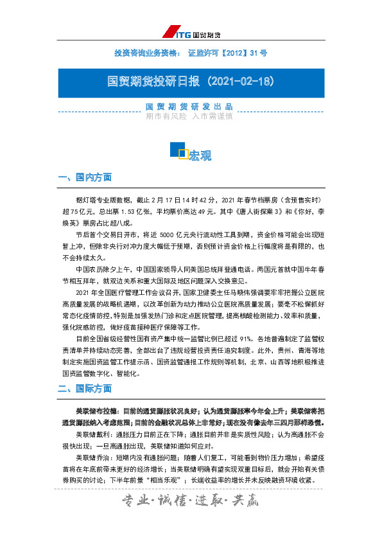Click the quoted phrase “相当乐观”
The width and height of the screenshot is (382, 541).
[163, 481]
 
